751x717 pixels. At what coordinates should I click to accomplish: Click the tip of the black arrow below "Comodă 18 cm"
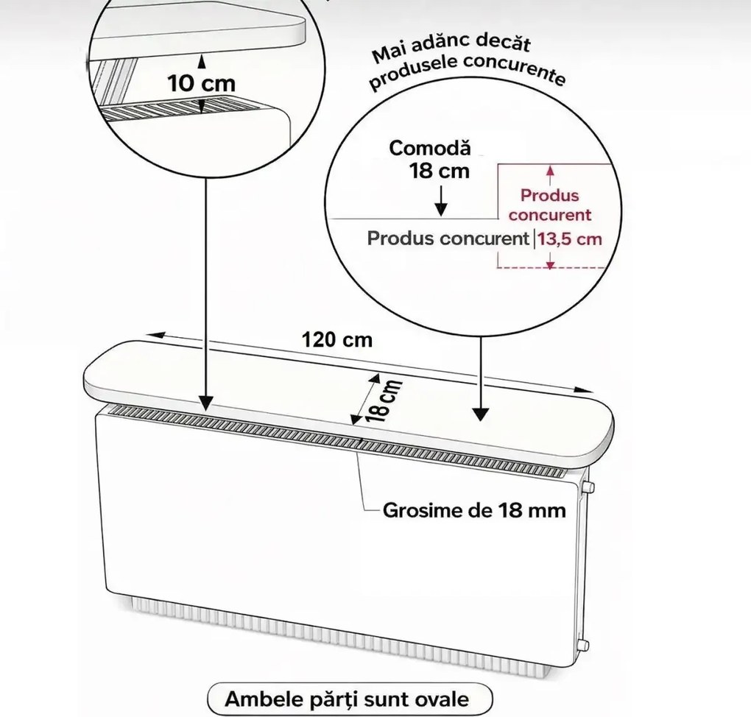point(440,216)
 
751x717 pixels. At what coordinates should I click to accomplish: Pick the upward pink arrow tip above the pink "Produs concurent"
point(550,166)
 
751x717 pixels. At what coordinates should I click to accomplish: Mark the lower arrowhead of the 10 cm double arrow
point(202,113)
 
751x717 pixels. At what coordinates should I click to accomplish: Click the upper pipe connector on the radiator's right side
point(588,487)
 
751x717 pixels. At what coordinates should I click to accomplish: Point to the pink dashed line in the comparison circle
point(552,266)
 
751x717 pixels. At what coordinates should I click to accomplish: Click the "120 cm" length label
point(337,340)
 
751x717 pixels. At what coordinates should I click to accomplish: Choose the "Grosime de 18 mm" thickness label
point(474,511)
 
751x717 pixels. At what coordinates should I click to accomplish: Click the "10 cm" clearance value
point(202,84)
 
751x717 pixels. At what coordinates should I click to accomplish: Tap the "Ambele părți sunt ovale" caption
point(348,699)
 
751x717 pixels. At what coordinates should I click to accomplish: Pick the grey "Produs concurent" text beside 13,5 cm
point(448,239)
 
